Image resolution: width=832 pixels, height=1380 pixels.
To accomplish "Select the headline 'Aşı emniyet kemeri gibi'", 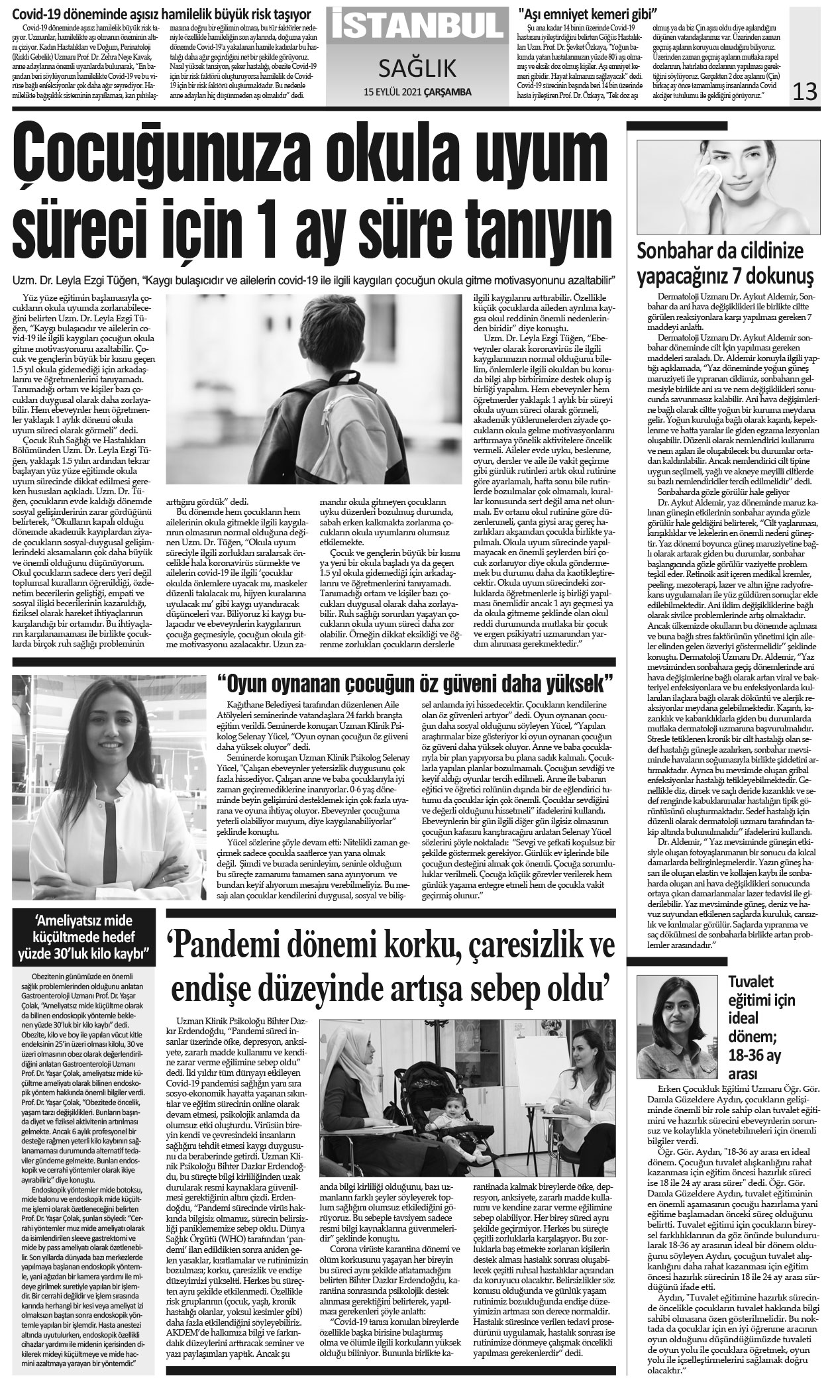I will tap(579, 13).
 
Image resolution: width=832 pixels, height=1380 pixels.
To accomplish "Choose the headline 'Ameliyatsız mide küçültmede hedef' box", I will tap(84, 936).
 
